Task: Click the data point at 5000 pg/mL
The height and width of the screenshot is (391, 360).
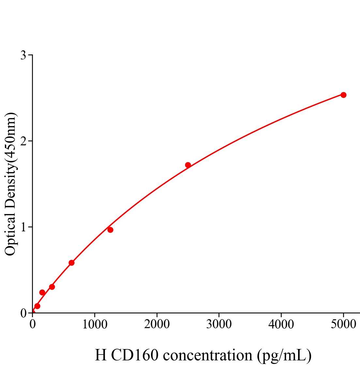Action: (343, 95)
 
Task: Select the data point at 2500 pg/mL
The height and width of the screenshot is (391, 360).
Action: (188, 165)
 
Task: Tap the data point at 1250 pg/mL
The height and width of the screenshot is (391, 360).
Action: (110, 230)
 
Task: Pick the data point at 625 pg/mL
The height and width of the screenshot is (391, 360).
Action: (71, 263)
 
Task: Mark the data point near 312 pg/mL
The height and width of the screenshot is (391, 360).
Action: (52, 287)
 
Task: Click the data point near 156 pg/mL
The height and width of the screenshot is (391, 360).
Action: (42, 292)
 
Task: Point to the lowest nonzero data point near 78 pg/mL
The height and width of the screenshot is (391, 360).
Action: (37, 306)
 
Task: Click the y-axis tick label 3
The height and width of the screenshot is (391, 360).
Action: (23, 55)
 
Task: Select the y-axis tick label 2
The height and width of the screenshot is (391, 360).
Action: (23, 141)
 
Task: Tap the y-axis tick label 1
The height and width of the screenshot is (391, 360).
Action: (23, 227)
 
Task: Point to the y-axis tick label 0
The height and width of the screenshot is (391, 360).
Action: (23, 313)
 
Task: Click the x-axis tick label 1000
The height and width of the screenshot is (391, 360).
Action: (95, 325)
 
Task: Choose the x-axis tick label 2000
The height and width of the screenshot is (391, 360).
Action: (157, 325)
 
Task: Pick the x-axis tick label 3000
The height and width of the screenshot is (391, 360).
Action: (219, 325)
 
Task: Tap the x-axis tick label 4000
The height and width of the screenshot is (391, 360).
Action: (281, 325)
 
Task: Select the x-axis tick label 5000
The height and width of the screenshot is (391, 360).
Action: (343, 325)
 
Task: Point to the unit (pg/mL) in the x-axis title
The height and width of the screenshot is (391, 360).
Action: (284, 355)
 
